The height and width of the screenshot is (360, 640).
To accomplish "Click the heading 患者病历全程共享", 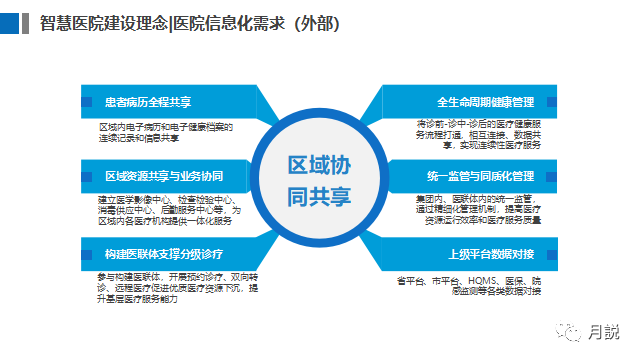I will pos(147,102).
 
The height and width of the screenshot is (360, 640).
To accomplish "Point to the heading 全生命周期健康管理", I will pos(485,102).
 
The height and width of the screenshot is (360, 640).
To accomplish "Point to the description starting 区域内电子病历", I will pos(165,132).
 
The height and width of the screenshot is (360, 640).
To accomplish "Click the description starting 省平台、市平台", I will pos(470,284).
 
